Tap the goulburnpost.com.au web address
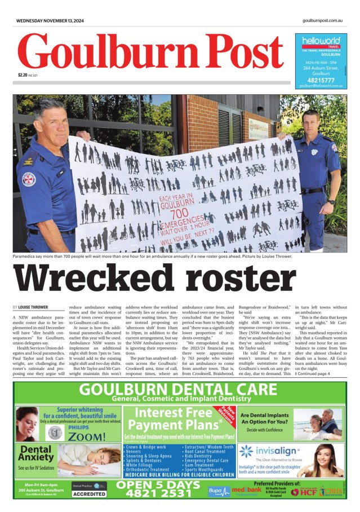coord(322,21)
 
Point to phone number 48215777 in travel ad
coord(321,80)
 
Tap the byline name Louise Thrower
coord(35,307)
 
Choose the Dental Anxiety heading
coord(35,454)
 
